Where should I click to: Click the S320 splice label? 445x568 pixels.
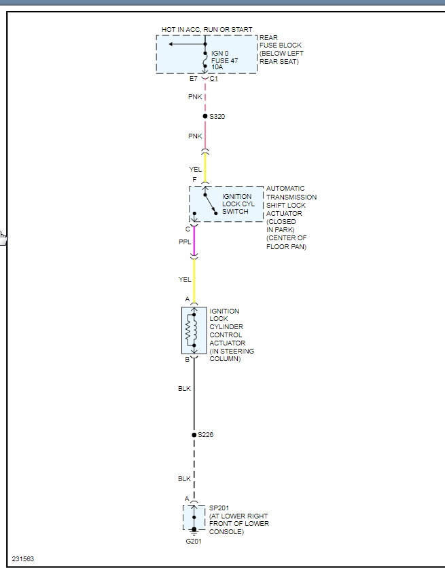click(x=217, y=117)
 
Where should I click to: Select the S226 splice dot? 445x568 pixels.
click(x=194, y=434)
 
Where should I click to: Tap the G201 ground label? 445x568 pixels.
click(x=194, y=541)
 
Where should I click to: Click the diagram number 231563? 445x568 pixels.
click(x=23, y=559)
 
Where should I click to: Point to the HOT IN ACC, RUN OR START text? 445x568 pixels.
click(x=207, y=30)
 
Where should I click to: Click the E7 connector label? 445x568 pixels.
click(x=194, y=79)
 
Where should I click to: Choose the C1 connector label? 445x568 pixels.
click(x=213, y=79)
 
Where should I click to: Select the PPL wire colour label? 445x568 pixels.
click(x=185, y=242)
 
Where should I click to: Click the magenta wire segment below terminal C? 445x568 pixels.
click(x=194, y=241)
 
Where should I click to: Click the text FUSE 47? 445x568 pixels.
click(x=224, y=60)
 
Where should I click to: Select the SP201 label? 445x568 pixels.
click(x=219, y=508)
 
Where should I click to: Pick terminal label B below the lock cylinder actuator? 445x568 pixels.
click(x=187, y=360)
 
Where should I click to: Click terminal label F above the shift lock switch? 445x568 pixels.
click(x=194, y=180)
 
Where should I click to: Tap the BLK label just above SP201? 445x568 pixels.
click(x=185, y=479)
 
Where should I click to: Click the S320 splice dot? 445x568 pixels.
click(x=205, y=117)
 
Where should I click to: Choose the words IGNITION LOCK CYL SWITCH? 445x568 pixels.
click(x=237, y=204)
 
